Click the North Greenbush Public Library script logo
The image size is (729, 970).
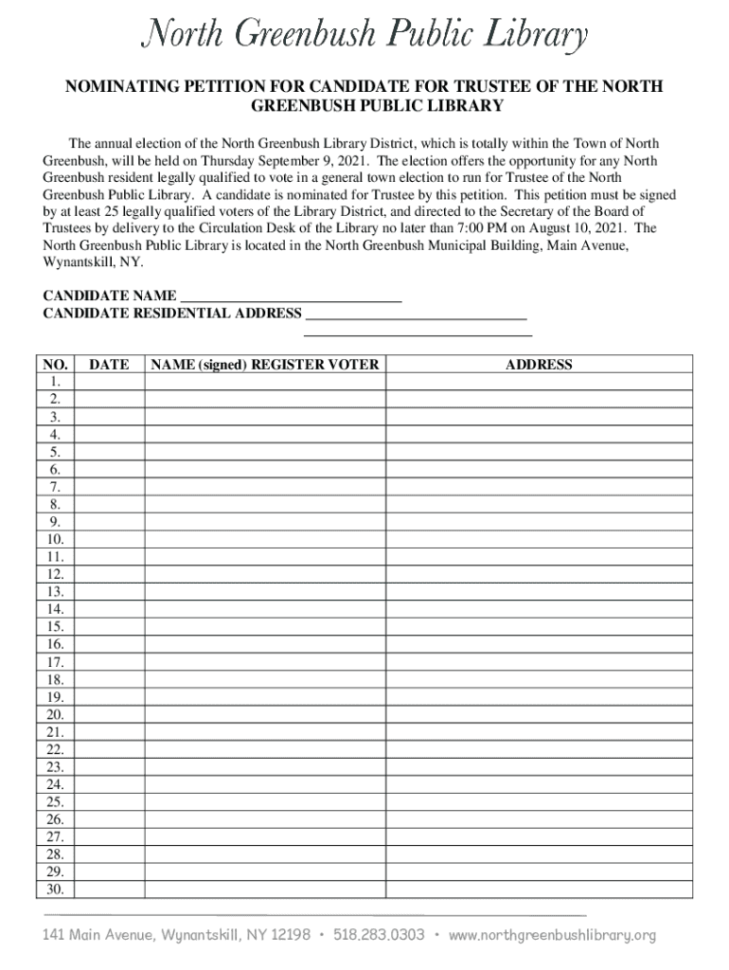click(364, 36)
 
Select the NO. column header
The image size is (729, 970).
click(55, 365)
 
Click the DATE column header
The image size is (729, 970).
click(109, 365)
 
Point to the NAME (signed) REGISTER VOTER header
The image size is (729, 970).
click(264, 365)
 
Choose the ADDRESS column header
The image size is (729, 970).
click(539, 365)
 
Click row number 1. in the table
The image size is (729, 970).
click(55, 382)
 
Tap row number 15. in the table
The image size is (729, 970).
click(55, 627)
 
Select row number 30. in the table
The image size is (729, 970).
click(55, 889)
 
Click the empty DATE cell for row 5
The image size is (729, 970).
click(109, 452)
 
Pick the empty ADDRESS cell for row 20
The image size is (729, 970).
click(539, 714)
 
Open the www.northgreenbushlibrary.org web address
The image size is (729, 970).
click(552, 935)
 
